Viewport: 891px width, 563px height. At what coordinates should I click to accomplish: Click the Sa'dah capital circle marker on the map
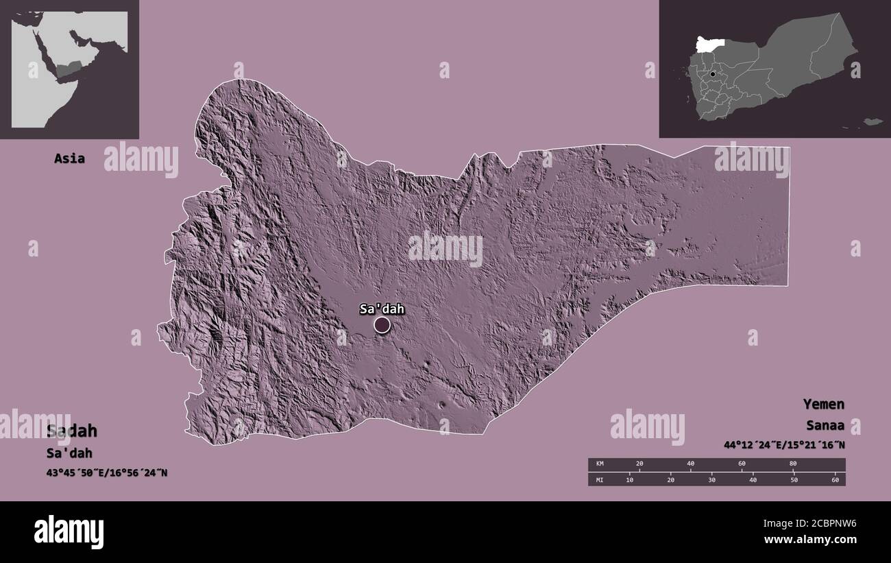coord(382,325)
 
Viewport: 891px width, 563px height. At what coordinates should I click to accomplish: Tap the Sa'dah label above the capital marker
coord(382,309)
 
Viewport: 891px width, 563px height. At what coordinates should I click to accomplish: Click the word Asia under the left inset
coord(70,158)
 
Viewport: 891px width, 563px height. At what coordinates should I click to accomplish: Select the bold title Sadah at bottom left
coord(72,431)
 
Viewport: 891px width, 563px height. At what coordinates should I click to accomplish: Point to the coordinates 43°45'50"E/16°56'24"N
coord(106,472)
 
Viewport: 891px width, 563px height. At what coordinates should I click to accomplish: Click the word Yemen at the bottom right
coord(824,404)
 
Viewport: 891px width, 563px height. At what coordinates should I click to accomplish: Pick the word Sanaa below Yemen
coord(825,425)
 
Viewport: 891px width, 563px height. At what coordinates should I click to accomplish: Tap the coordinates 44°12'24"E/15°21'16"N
coord(784,445)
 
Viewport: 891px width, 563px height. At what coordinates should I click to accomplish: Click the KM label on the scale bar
coord(600,464)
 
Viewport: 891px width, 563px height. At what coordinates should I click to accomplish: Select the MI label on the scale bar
coord(600,479)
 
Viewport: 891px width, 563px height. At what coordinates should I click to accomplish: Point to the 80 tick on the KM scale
coord(793,464)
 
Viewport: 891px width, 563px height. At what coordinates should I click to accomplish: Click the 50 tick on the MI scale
coord(794,479)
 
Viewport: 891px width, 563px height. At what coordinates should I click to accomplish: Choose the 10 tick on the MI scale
coord(629,479)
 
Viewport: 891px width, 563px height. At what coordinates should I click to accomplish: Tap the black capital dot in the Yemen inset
coord(713,74)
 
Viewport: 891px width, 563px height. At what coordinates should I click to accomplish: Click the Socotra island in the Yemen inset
coord(872,121)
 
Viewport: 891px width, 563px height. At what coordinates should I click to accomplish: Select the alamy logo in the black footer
coord(69,531)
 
